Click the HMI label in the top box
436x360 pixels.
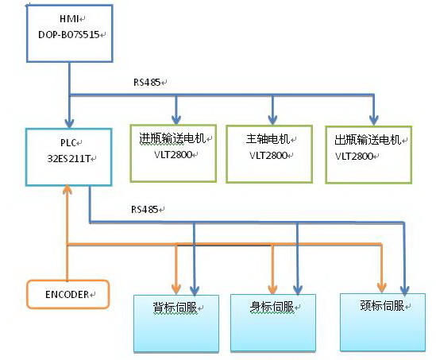click(69, 18)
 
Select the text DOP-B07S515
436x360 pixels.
click(69, 34)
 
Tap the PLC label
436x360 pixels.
click(68, 143)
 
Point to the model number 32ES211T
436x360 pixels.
click(68, 159)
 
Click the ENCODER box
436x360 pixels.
click(68, 294)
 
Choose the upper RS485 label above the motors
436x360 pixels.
click(147, 83)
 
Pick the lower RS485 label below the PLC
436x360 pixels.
click(145, 209)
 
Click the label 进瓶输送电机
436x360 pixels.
click(172, 138)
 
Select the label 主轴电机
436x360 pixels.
click(268, 139)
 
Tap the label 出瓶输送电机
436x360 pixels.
click(368, 140)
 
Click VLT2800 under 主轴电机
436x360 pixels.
click(268, 155)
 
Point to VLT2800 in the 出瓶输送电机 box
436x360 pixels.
click(354, 156)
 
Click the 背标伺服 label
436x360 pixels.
click(175, 308)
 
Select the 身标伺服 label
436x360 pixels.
click(272, 307)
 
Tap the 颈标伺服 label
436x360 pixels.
click(382, 305)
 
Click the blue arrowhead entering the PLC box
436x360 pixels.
click(69, 123)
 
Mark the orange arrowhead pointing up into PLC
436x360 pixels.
click(68, 189)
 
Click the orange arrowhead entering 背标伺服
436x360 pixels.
click(176, 289)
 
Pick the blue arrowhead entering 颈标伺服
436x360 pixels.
click(404, 290)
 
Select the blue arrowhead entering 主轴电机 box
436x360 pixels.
click(272, 120)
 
